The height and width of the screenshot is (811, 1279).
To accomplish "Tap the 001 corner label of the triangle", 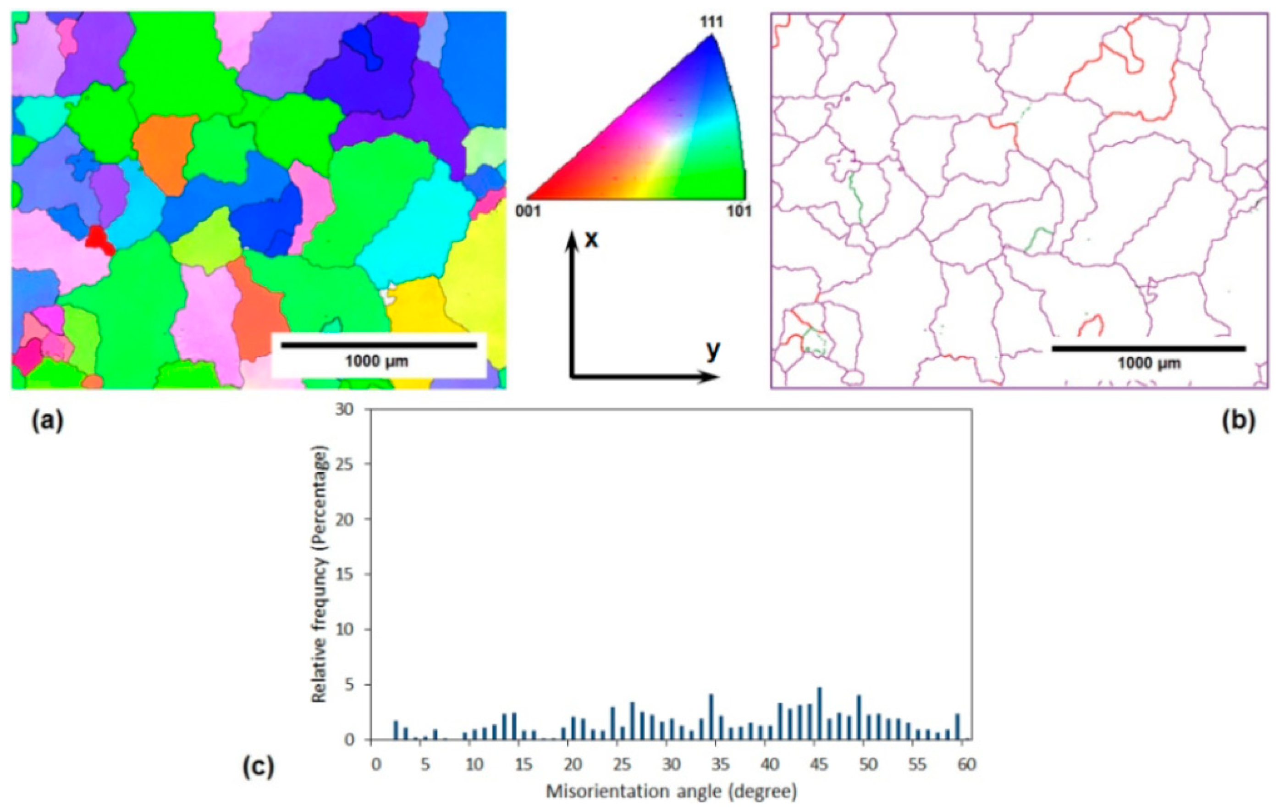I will click(529, 211).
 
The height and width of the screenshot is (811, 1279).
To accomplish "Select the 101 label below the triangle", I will click(739, 211).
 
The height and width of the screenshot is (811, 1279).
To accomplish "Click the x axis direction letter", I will click(590, 240).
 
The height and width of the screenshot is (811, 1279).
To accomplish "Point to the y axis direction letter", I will click(713, 351).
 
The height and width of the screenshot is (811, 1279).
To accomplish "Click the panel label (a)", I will click(47, 422).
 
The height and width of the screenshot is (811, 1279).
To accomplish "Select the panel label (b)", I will click(1239, 422).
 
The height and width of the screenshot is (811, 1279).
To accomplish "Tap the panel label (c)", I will click(259, 767).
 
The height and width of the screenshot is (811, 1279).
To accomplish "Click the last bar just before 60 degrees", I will click(958, 726).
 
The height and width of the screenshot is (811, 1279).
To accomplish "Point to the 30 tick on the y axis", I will click(347, 409).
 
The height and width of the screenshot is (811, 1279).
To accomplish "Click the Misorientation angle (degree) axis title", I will click(672, 792).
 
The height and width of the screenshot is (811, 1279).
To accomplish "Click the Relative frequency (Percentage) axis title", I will click(320, 574).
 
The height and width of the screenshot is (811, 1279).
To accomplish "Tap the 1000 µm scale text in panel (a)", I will click(377, 362).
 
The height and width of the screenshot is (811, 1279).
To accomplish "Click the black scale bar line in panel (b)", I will click(1148, 349).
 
